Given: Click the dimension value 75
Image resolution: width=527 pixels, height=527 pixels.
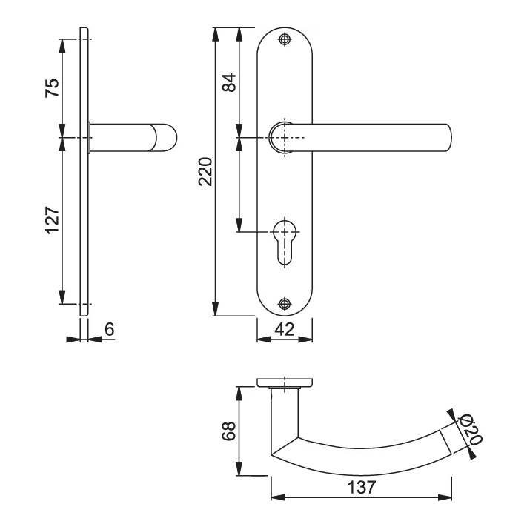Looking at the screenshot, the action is pyautogui.click(x=53, y=87).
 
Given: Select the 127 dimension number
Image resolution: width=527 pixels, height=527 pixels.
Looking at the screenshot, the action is pyautogui.click(x=53, y=220).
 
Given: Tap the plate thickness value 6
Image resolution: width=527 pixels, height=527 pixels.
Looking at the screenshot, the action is pyautogui.click(x=110, y=329).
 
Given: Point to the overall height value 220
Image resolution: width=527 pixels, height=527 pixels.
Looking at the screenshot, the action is pyautogui.click(x=205, y=171).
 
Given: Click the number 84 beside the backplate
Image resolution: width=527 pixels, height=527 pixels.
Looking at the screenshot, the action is pyautogui.click(x=230, y=82).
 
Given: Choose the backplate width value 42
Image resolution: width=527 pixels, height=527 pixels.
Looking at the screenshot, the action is pyautogui.click(x=285, y=329).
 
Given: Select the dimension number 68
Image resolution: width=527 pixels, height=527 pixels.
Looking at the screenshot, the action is pyautogui.click(x=229, y=431).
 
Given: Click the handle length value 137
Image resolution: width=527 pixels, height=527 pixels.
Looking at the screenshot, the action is pyautogui.click(x=361, y=487).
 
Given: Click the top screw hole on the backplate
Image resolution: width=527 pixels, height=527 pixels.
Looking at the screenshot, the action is pyautogui.click(x=285, y=39).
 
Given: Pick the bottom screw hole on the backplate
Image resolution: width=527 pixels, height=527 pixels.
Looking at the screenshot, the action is pyautogui.click(x=285, y=304).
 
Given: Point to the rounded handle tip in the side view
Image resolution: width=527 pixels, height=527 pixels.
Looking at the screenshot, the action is pyautogui.click(x=167, y=137).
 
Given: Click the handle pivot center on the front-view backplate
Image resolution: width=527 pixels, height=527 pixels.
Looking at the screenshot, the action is pyautogui.click(x=285, y=137).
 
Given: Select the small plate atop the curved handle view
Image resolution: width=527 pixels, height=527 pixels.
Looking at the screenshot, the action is pyautogui.click(x=285, y=382).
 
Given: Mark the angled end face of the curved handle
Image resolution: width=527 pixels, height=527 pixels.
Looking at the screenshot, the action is pyautogui.click(x=445, y=442).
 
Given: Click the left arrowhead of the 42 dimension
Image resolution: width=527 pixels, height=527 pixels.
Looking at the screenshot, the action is pyautogui.click(x=264, y=339).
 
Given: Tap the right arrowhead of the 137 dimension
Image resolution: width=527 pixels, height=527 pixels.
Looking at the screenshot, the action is pyautogui.click(x=445, y=497).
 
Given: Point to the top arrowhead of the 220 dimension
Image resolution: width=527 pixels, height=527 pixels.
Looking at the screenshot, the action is pyautogui.click(x=216, y=34).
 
